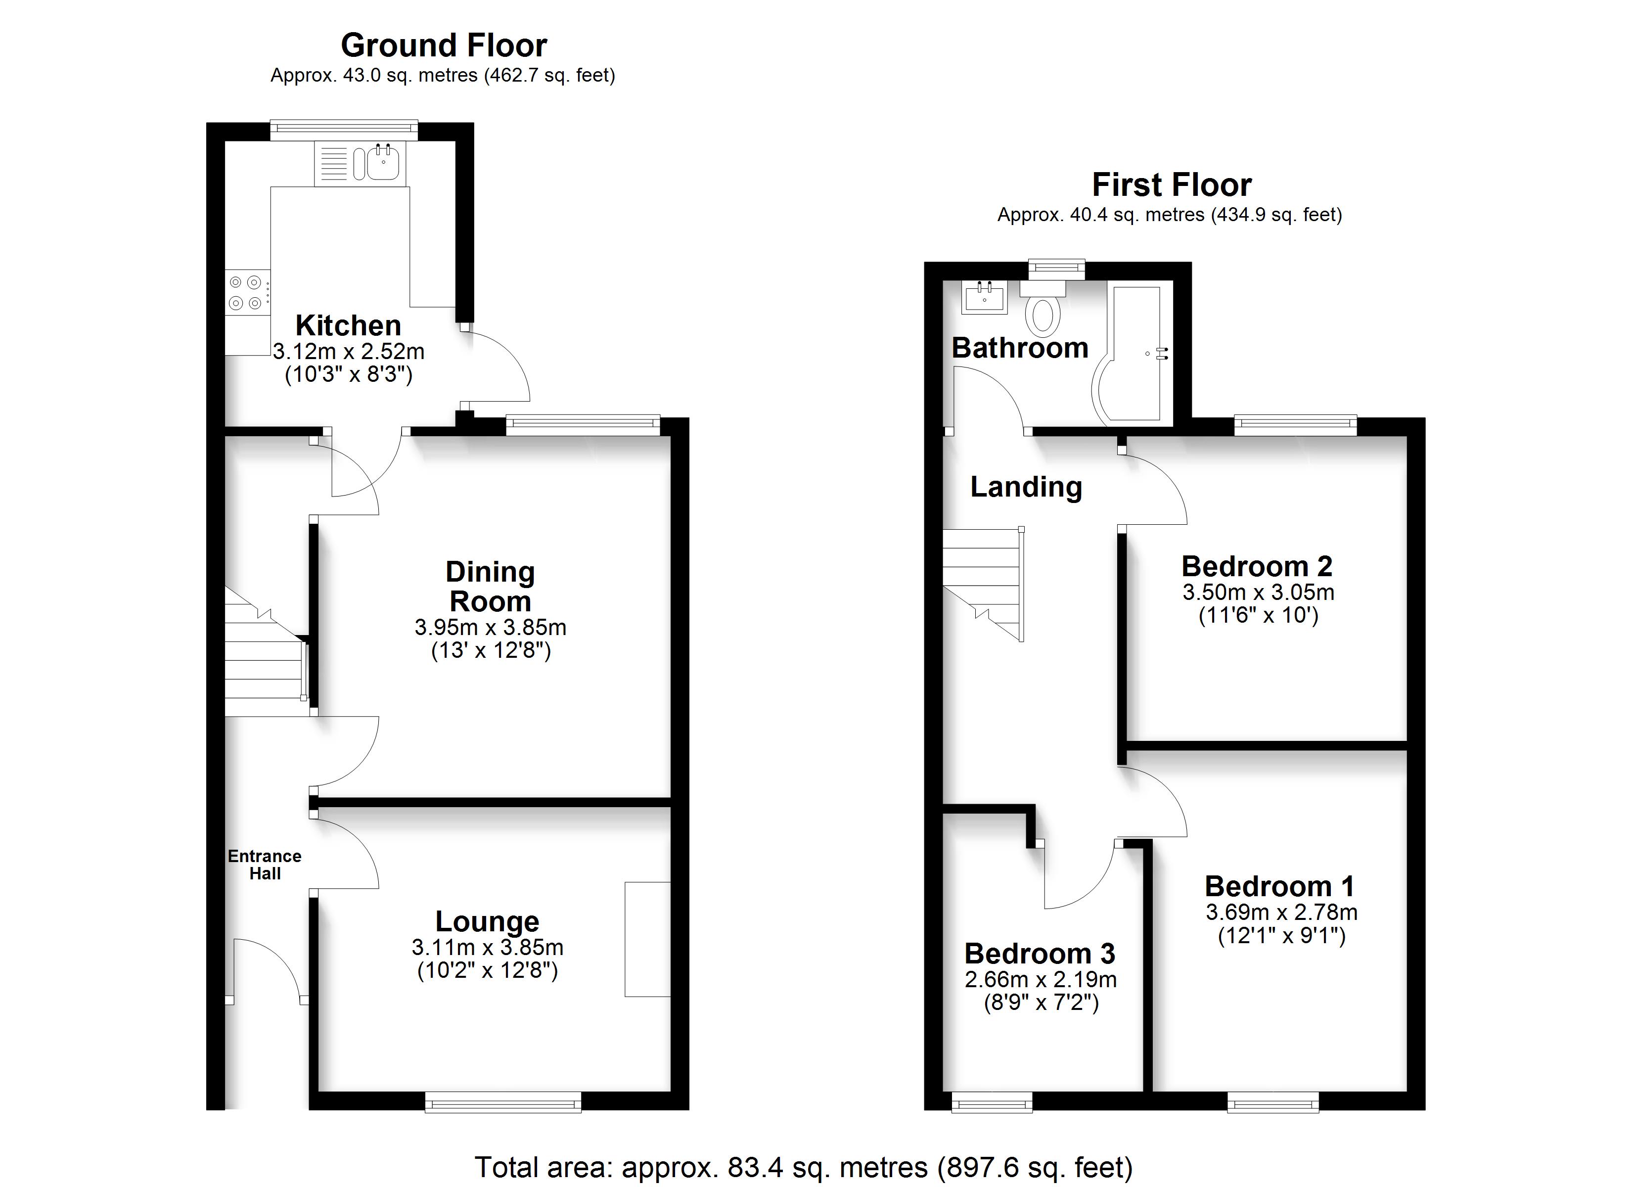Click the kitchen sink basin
(383, 163)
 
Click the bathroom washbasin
(984, 297)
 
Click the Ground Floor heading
(444, 46)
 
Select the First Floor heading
(1172, 185)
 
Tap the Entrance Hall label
(265, 865)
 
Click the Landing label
(1026, 487)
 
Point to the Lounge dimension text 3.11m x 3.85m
(488, 947)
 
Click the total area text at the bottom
(804, 1167)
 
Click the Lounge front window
(503, 1102)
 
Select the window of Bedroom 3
(992, 1102)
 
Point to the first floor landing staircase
(984, 584)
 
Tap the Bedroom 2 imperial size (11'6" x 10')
(1259, 615)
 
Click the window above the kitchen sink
(345, 130)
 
